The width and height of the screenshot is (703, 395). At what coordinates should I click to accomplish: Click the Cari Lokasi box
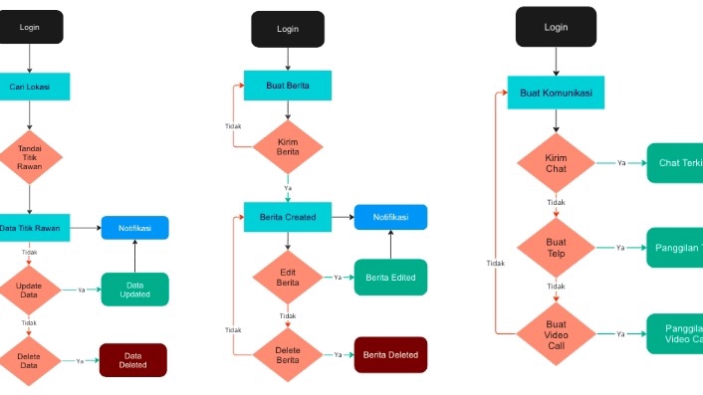point(32,87)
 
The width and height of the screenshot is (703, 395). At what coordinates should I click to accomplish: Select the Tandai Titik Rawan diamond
point(30,156)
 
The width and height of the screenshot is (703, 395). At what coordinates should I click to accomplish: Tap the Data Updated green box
point(134,290)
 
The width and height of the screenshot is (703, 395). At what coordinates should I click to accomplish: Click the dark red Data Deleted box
point(133,360)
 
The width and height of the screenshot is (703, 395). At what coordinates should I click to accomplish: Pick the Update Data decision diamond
point(30,290)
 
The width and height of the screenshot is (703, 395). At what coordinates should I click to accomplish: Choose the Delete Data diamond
point(30,360)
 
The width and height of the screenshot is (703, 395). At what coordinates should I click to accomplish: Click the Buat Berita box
point(288,86)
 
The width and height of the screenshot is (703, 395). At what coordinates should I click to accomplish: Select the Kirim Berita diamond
point(288,147)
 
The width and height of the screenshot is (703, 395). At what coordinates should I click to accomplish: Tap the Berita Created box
point(288,217)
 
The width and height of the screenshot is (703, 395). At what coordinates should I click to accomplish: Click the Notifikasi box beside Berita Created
point(390,217)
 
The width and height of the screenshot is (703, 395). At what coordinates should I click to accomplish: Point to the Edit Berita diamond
point(288,278)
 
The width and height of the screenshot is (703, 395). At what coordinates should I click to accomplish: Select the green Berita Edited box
point(390,278)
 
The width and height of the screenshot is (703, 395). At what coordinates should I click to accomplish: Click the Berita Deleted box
point(390,354)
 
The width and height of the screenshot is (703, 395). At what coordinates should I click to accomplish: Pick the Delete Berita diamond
point(288,354)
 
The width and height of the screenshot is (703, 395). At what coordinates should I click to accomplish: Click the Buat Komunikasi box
point(556,94)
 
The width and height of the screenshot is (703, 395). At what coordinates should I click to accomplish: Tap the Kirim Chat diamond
point(556,163)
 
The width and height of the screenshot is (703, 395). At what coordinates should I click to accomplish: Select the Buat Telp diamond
point(556,248)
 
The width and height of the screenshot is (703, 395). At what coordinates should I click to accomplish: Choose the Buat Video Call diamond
point(556,333)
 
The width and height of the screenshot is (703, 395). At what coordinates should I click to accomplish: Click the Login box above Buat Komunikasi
point(556,27)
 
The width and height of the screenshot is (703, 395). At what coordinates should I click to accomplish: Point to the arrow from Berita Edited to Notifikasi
point(390,245)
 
